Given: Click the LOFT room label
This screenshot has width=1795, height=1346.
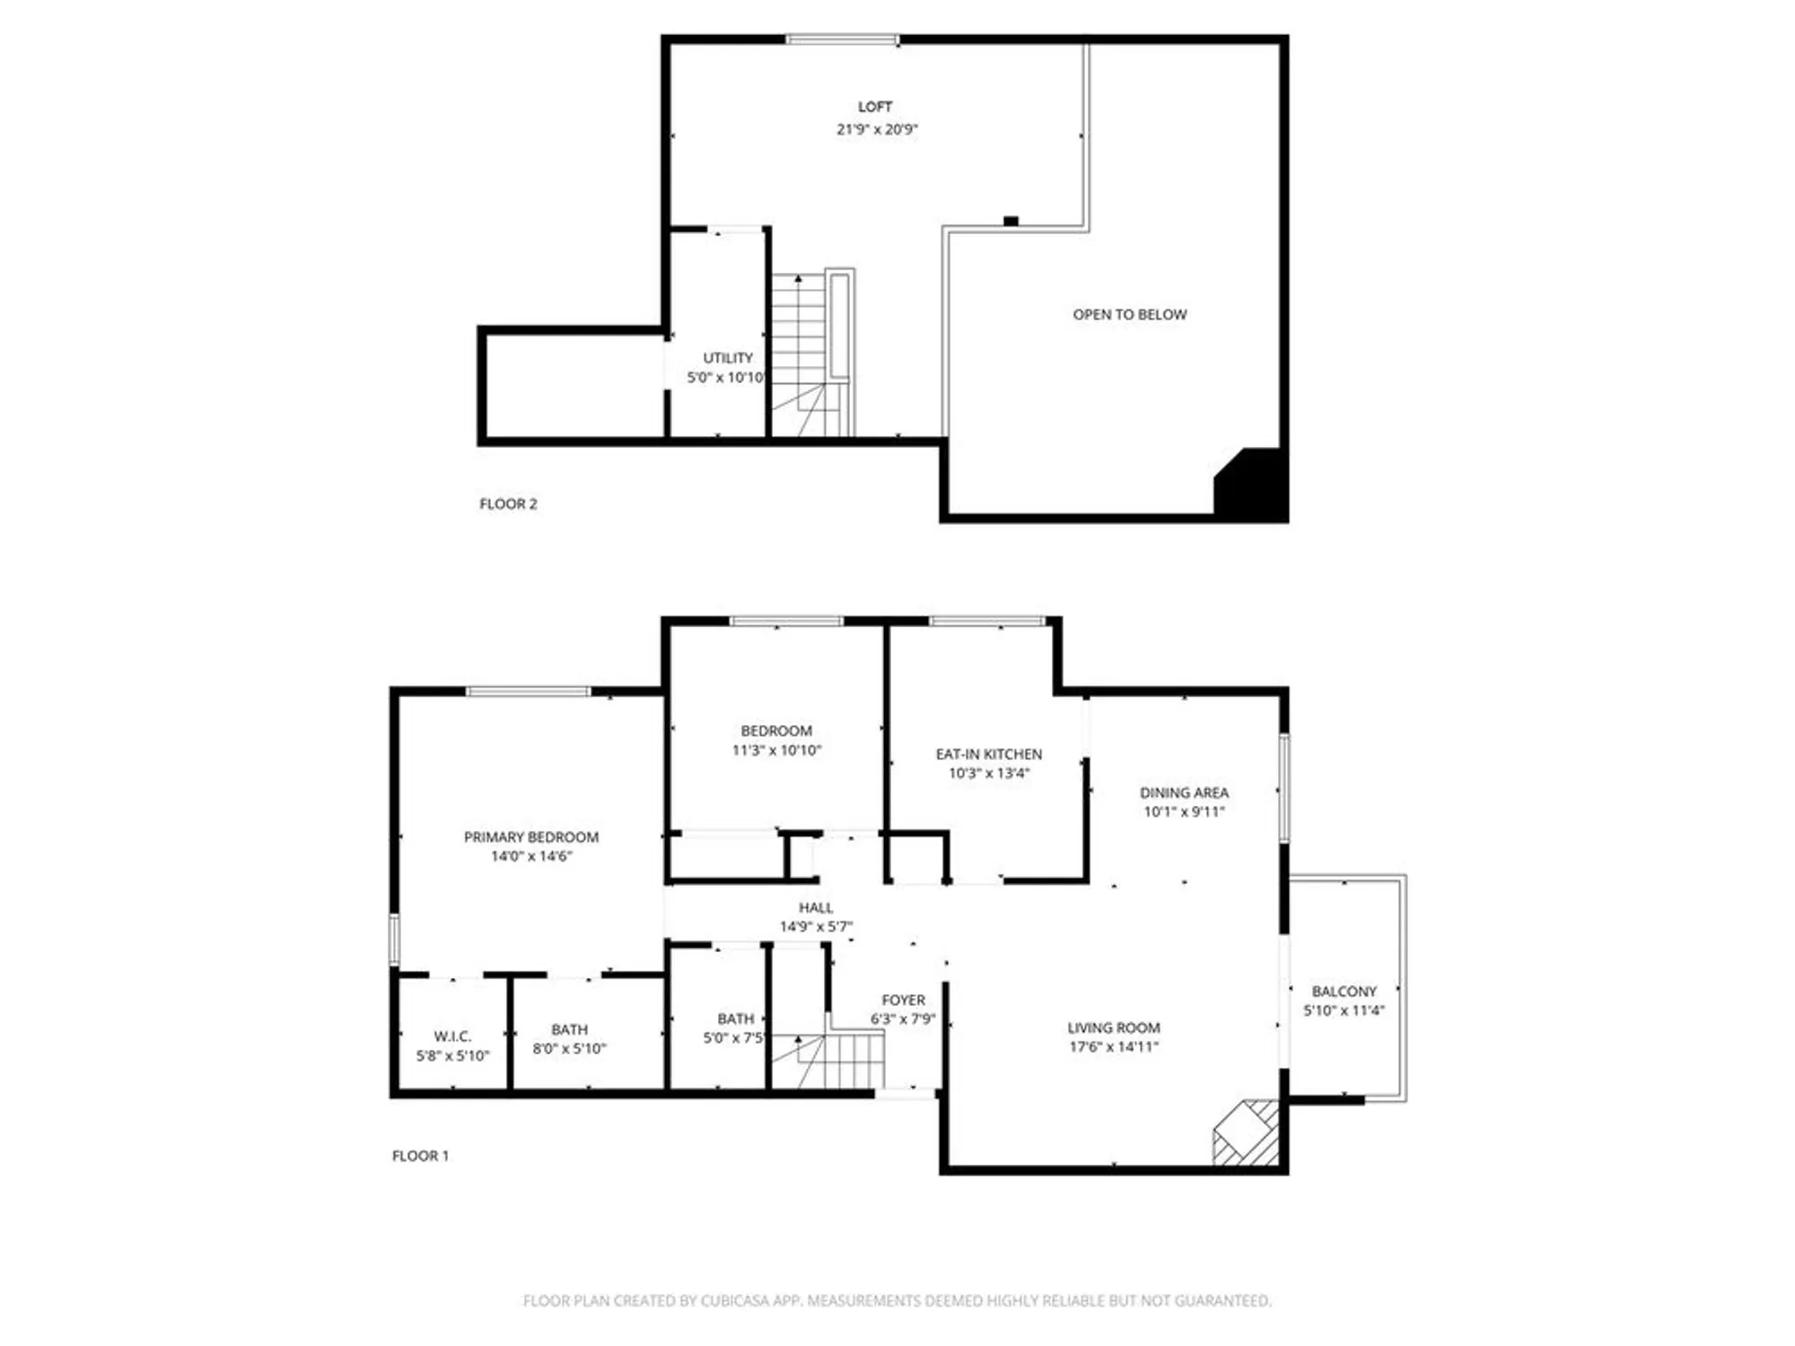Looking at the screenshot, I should pyautogui.click(x=875, y=107).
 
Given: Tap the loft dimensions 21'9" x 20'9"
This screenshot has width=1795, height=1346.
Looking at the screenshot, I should pyautogui.click(x=877, y=129).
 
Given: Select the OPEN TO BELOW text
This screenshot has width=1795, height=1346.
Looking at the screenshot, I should pyautogui.click(x=1129, y=315).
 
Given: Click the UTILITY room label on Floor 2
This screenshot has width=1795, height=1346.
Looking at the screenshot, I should pyautogui.click(x=727, y=358).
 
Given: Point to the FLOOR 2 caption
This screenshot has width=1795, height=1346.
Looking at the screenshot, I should pyautogui.click(x=508, y=504).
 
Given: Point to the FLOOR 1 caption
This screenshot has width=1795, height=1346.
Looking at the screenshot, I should pyautogui.click(x=420, y=1156).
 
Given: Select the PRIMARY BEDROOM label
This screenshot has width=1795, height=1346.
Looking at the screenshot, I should pyautogui.click(x=530, y=837).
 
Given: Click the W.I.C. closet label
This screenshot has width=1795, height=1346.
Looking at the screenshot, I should pyautogui.click(x=452, y=1036).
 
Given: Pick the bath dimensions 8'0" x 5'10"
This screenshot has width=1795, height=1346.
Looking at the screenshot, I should pyautogui.click(x=569, y=1049).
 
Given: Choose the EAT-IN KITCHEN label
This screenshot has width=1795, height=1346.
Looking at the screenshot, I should pyautogui.click(x=988, y=755).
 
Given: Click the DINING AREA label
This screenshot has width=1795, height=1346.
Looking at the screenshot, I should pyautogui.click(x=1184, y=793).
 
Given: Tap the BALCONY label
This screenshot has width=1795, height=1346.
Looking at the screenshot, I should pyautogui.click(x=1344, y=992).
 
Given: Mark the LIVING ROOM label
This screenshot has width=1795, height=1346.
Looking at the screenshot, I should pyautogui.click(x=1113, y=1028).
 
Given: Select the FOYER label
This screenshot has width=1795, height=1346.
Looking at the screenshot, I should pyautogui.click(x=903, y=1001).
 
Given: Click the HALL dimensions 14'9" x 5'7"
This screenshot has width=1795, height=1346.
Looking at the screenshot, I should pyautogui.click(x=815, y=927).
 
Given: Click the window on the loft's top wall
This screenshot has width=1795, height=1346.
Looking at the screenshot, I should pyautogui.click(x=842, y=39).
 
